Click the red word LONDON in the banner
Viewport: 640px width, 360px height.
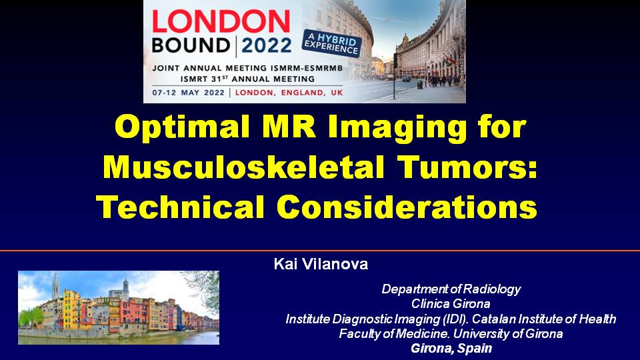(x=221, y=21)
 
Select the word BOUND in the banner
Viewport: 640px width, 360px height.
(x=191, y=45)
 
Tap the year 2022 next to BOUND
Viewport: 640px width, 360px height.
(x=267, y=45)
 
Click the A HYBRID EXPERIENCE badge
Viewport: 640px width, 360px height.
(x=332, y=44)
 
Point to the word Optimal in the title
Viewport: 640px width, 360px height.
(x=182, y=127)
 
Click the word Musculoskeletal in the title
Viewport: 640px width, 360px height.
(x=244, y=167)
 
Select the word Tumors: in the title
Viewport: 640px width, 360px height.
(x=467, y=167)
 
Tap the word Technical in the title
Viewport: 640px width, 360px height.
(x=180, y=206)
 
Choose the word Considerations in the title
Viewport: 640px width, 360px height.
(x=407, y=206)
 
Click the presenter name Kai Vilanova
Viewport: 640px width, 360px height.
(x=321, y=264)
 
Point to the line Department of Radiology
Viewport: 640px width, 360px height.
(x=451, y=289)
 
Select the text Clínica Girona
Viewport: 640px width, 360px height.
(x=451, y=304)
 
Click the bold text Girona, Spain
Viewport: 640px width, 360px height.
(x=451, y=348)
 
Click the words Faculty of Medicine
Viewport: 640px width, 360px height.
(x=394, y=333)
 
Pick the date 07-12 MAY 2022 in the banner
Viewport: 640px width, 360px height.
(x=189, y=93)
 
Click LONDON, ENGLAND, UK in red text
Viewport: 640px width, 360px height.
(x=289, y=93)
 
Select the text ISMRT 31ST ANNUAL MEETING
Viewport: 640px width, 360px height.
(x=248, y=79)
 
